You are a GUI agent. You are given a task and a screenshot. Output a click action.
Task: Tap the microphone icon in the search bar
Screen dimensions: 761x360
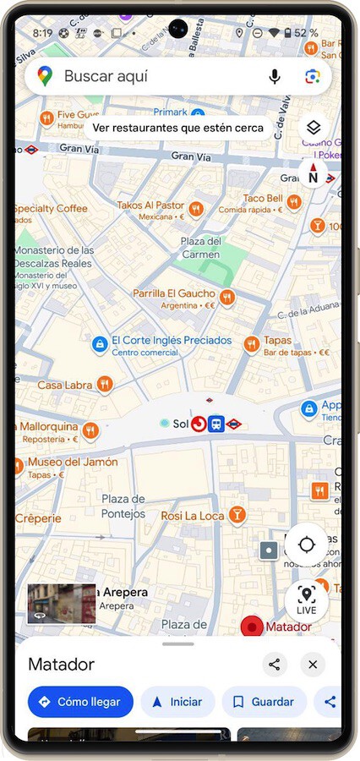(275, 77)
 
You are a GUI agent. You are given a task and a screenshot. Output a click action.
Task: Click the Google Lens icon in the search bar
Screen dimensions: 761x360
(313, 77)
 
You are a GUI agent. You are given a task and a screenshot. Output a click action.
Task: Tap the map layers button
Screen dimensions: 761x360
(314, 128)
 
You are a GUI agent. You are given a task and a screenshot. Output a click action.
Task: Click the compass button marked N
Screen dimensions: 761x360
(314, 176)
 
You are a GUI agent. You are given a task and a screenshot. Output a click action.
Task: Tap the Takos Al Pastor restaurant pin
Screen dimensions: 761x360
(196, 209)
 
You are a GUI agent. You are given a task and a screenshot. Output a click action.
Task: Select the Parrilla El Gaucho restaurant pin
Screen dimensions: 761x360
(226, 298)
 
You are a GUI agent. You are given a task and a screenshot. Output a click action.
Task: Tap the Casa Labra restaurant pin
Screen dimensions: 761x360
(105, 385)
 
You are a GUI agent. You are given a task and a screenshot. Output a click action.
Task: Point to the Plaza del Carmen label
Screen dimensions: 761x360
(201, 247)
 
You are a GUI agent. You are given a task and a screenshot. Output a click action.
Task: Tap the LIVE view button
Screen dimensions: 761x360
(306, 599)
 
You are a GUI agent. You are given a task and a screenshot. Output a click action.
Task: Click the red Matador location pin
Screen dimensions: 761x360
(252, 627)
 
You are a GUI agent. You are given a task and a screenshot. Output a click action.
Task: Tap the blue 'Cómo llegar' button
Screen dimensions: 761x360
(80, 702)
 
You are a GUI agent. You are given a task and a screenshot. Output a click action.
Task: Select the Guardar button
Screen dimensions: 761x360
(264, 702)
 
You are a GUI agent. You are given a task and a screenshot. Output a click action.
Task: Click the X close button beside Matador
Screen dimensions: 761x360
(313, 665)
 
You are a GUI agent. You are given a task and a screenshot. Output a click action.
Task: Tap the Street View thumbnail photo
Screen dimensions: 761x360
(61, 604)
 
